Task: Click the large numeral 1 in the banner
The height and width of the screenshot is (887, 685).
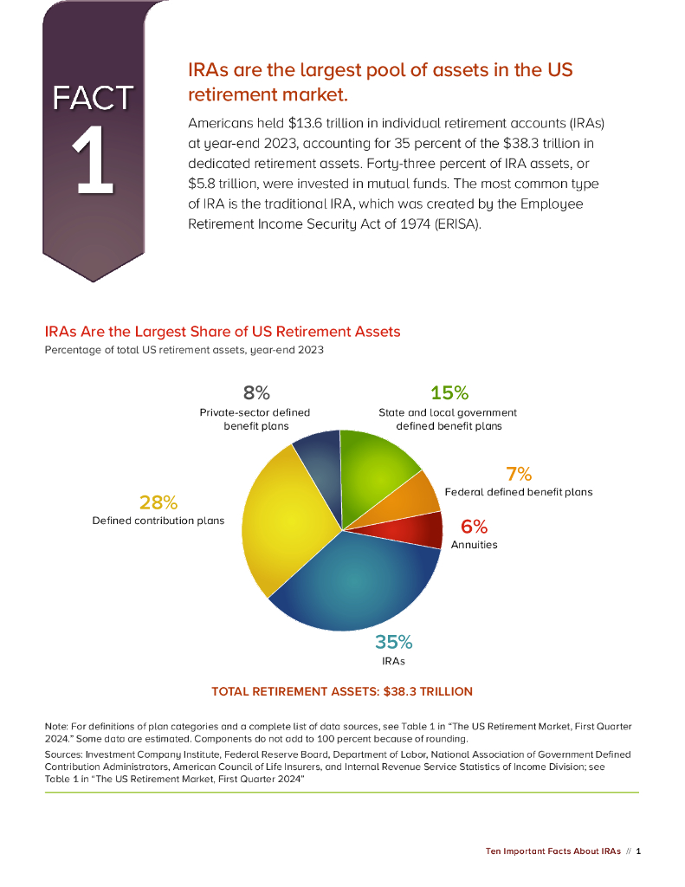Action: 93,162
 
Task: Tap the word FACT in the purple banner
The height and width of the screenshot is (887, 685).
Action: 93,98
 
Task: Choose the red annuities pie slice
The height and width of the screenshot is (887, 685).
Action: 420,530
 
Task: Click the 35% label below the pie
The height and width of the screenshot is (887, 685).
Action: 393,642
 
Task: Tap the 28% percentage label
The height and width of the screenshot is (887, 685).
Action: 158,502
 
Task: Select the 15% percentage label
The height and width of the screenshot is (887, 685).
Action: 449,393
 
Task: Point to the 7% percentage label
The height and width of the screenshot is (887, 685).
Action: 519,474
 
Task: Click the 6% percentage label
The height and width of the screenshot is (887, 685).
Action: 474,527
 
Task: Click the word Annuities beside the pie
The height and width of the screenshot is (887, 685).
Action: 474,545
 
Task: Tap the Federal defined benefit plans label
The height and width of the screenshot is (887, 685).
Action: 519,492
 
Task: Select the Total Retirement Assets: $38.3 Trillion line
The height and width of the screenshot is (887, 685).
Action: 342,691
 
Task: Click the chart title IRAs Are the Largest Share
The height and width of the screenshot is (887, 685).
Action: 223,332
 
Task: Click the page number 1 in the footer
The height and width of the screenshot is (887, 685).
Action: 638,851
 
